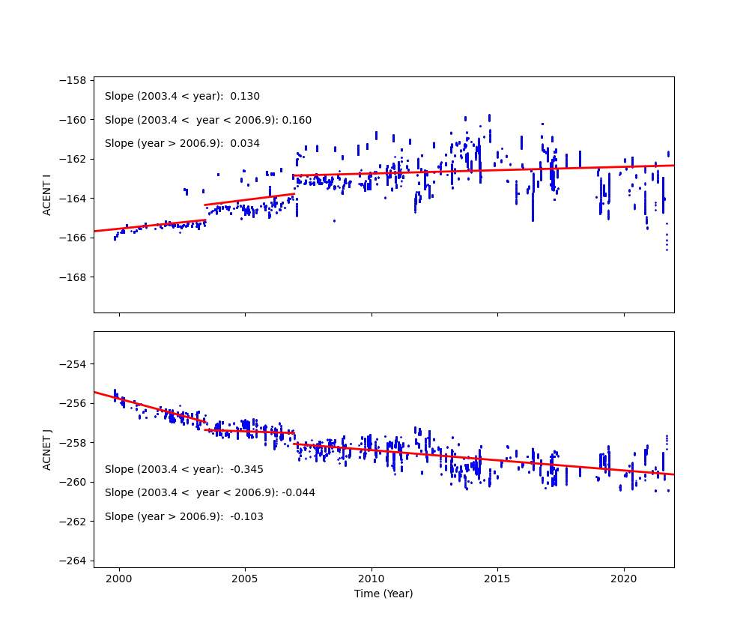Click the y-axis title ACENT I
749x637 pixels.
pyautogui.click(x=46, y=194)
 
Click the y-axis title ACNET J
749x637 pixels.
pyautogui.click(x=46, y=450)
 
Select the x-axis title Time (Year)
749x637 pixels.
pyautogui.click(x=383, y=594)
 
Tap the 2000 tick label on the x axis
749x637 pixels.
pyautogui.click(x=119, y=579)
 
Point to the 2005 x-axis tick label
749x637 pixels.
pyautogui.click(x=245, y=579)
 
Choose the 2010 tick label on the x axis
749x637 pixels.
pyautogui.click(x=372, y=579)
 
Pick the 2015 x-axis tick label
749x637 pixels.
pyautogui.click(x=497, y=579)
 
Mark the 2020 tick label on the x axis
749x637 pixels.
pyautogui.click(x=624, y=579)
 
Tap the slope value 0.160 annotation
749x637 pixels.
pyautogui.click(x=297, y=120)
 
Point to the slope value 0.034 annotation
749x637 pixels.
pyautogui.click(x=245, y=143)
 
